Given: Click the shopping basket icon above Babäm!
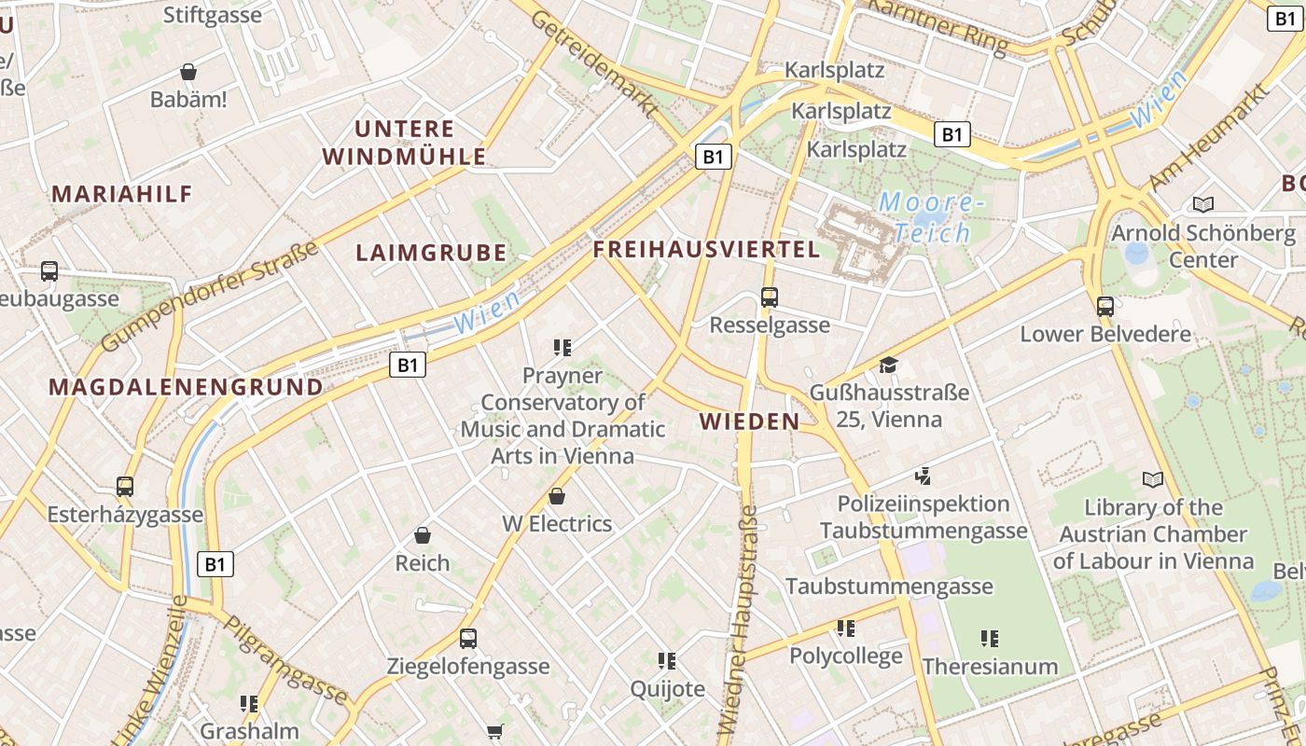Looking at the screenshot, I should point(188,72).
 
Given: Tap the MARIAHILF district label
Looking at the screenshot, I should point(122,194).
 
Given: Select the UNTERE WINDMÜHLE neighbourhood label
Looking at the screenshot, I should point(405,143).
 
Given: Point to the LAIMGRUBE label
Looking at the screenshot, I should point(431,253).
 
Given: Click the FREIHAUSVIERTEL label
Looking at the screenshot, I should point(706,249).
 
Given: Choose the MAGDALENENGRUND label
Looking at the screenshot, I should point(186,387).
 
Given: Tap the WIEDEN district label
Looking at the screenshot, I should point(750,421).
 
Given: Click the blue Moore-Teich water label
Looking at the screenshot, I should point(930,217).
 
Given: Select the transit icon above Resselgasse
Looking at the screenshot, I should point(770,297).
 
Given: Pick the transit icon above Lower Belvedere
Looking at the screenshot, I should point(1105,306).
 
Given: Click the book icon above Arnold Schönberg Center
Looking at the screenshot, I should point(1203,204).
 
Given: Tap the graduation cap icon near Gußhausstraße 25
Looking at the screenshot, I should point(888,365).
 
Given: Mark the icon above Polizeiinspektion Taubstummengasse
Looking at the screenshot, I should point(924,477).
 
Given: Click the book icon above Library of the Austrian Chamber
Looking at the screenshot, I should point(1153,480).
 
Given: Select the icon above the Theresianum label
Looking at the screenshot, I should point(990,639).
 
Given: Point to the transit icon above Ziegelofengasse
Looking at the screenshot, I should point(468,639).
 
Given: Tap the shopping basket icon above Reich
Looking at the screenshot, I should point(423,535).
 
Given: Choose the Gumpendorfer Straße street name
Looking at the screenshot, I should point(210,297).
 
